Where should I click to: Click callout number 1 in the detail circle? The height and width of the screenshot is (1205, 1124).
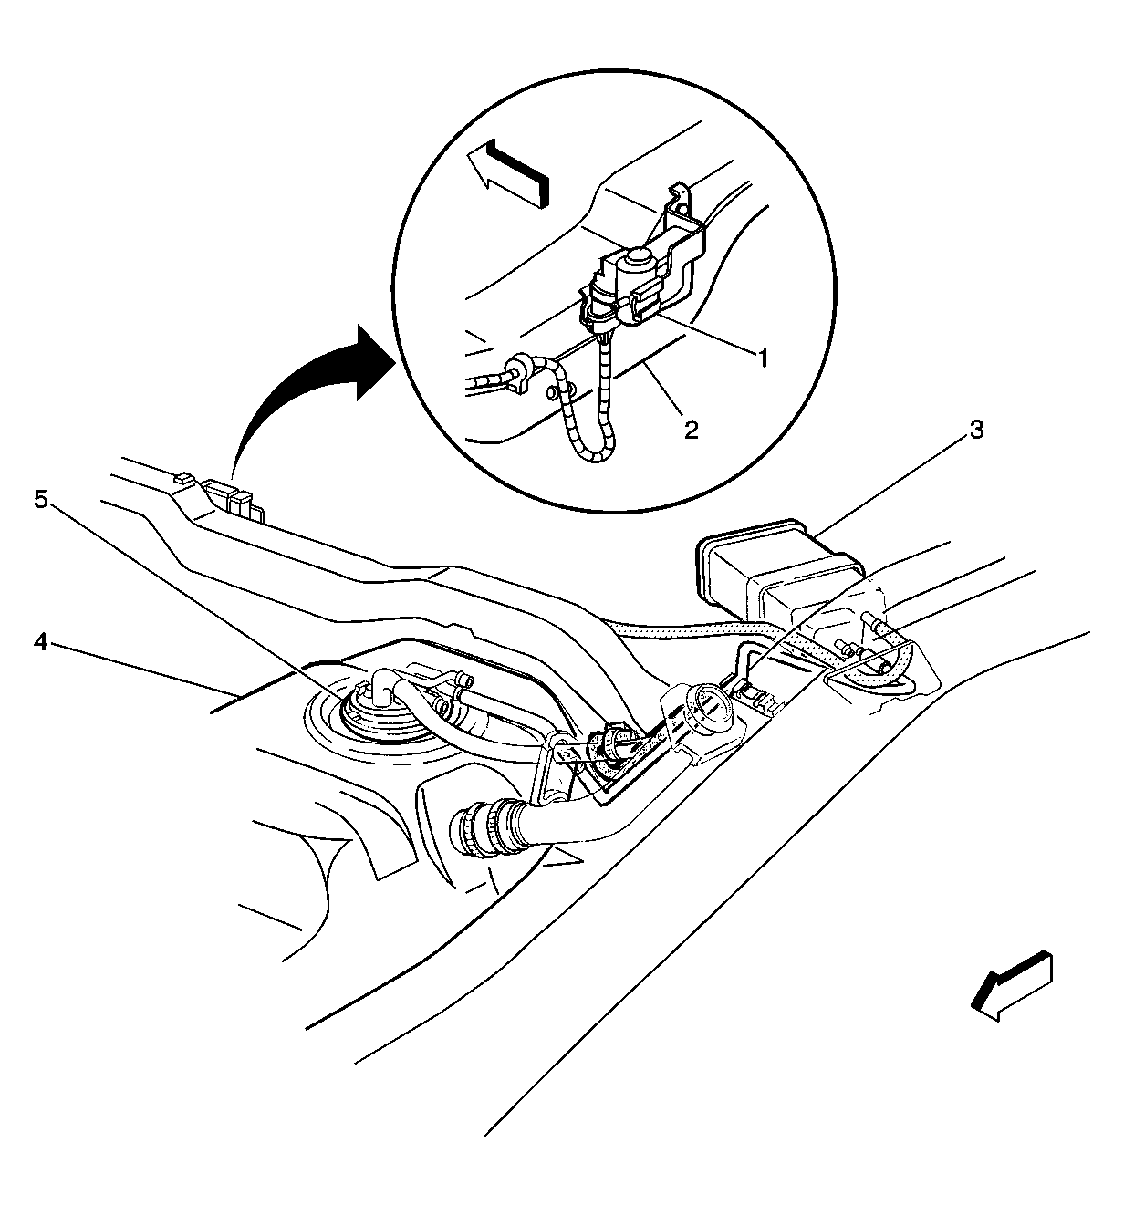pos(763,358)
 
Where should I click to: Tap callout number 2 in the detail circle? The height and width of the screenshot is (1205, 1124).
pos(691,430)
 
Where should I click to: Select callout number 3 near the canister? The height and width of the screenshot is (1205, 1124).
pos(976,430)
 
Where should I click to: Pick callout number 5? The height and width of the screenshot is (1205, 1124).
pos(41,500)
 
